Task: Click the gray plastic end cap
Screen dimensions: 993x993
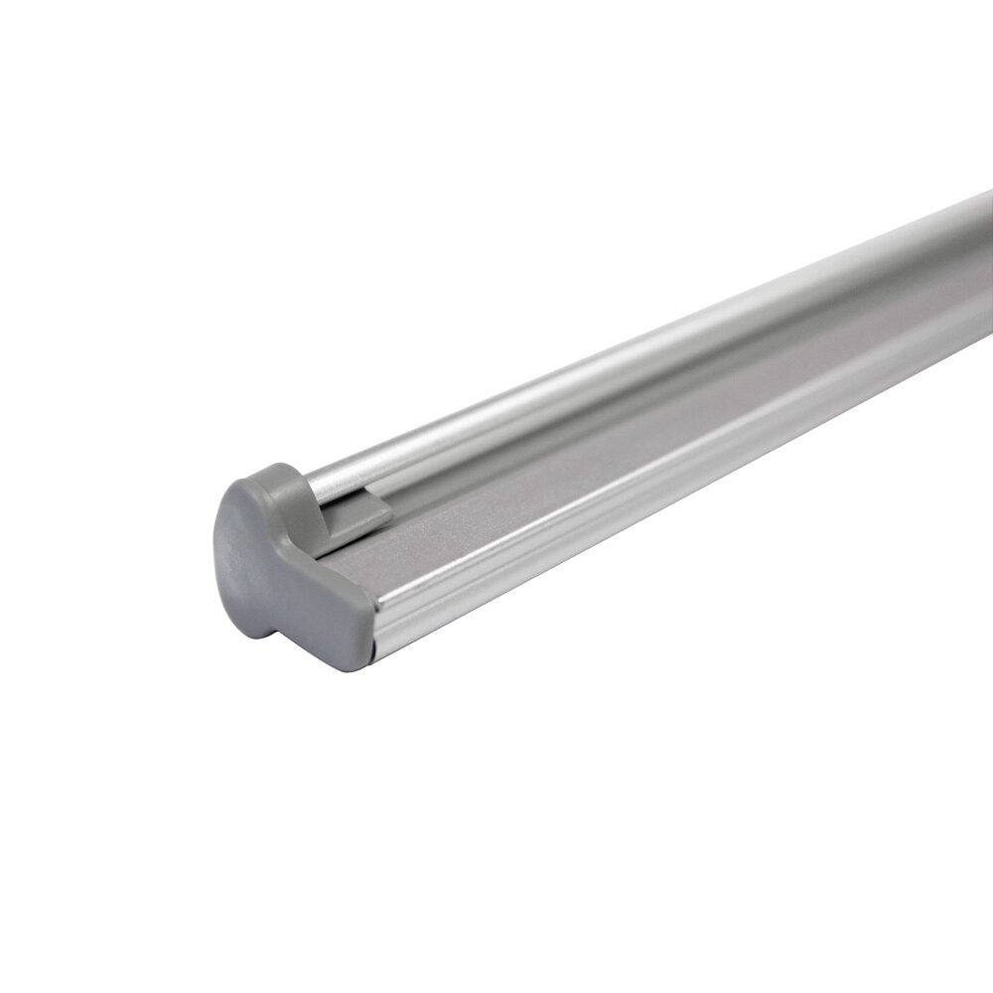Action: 278,556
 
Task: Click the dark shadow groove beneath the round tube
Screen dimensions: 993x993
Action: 596,397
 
